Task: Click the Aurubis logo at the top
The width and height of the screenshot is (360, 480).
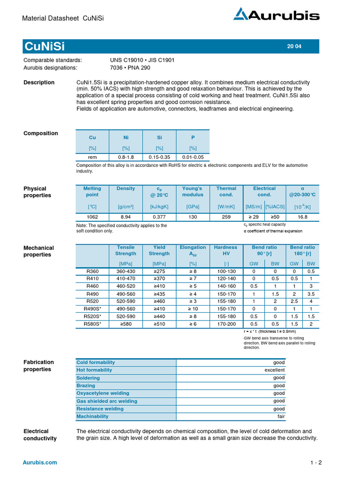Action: click(277, 15)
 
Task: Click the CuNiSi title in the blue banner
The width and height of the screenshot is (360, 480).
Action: click(45, 46)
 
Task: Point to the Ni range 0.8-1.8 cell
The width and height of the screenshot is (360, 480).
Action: click(126, 157)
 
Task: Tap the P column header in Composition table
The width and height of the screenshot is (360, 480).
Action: click(193, 138)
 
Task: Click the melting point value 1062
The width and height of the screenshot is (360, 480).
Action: click(92, 217)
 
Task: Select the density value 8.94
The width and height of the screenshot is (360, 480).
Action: click(126, 217)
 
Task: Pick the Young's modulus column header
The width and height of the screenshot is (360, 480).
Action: click(193, 192)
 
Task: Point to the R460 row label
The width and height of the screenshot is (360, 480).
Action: click(92, 286)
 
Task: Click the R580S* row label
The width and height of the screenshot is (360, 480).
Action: click(92, 324)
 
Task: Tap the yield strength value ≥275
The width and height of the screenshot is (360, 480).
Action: click(159, 271)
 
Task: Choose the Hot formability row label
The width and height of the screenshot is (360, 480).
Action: click(94, 370)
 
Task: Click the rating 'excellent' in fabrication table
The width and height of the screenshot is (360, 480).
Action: click(274, 370)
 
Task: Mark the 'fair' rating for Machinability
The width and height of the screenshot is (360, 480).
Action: click(280, 416)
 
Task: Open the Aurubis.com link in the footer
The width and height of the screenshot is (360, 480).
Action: click(40, 463)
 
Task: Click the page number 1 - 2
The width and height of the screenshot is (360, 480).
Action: click(316, 463)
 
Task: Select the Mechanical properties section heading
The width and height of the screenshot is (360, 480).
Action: click(38, 251)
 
